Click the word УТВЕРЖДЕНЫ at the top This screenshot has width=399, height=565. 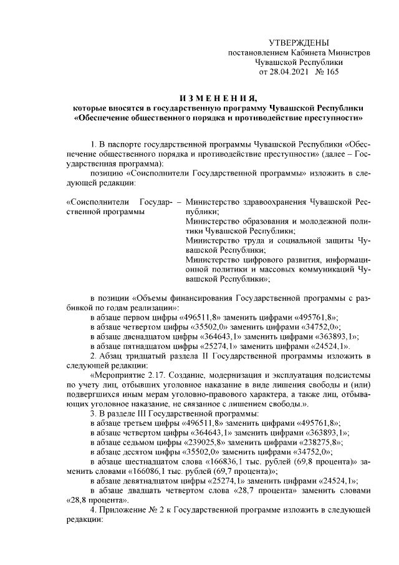298,42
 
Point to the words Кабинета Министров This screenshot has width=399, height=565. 334,52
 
